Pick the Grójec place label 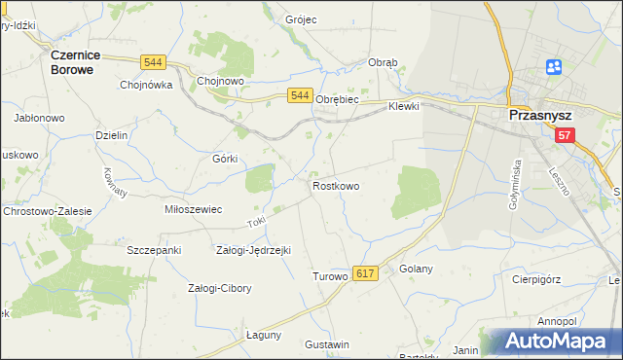(302, 19)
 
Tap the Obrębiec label (338, 99)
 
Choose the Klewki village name (403, 106)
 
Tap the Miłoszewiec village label (194, 209)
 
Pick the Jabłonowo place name (39, 118)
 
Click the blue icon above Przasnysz (554, 67)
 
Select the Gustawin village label (327, 345)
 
